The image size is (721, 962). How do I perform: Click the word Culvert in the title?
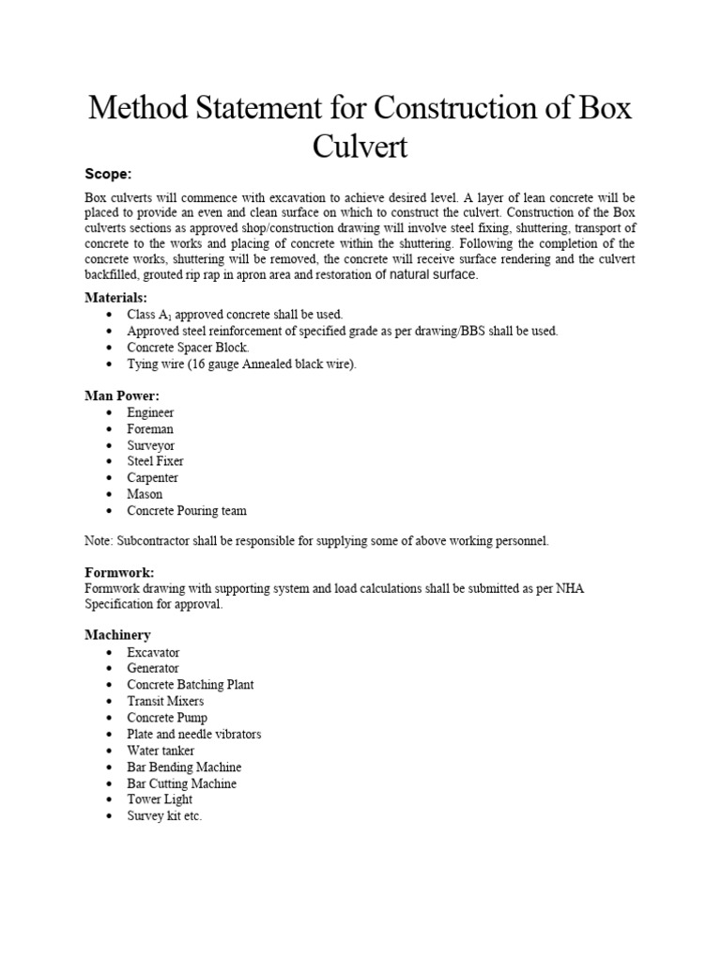(360, 147)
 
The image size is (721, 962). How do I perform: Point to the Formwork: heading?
(119, 572)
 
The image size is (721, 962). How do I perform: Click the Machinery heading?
(117, 636)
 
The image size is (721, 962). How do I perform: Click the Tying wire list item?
(242, 364)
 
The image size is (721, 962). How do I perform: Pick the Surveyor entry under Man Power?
(151, 445)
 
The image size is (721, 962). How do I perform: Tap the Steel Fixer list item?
(156, 461)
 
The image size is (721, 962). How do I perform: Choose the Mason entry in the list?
(146, 494)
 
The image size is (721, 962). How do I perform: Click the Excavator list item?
(154, 652)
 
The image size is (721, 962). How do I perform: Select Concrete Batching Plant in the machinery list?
(191, 685)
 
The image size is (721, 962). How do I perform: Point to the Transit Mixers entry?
(166, 701)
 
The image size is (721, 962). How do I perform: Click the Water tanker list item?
(161, 751)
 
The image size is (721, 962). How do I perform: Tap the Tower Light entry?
(161, 799)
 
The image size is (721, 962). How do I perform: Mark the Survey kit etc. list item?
(165, 816)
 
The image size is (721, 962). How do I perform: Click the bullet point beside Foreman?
(111, 429)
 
